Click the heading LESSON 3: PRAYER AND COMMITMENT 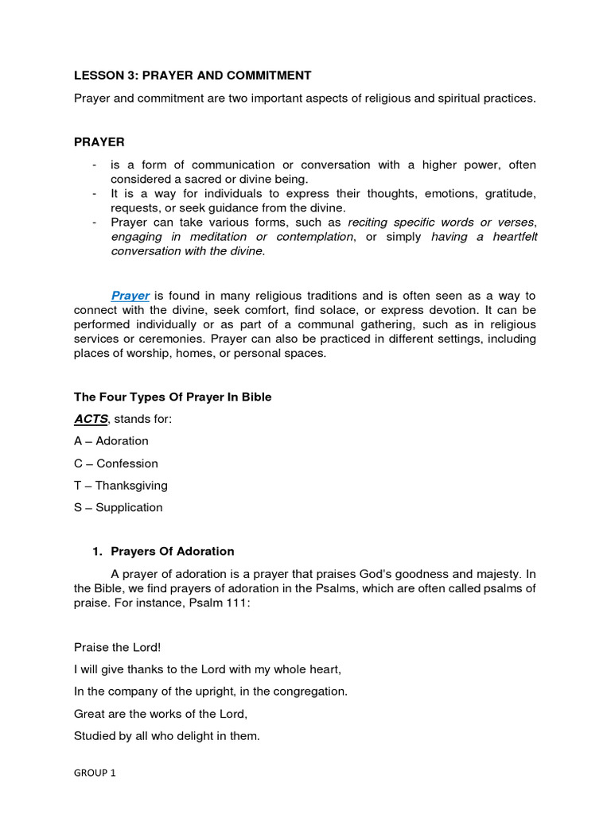[193, 76]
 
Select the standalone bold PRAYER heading [99, 142]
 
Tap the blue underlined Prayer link [130, 296]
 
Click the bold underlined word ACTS [91, 419]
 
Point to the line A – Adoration [111, 440]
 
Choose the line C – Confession [116, 463]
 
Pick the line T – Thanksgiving [121, 485]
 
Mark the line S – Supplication [119, 507]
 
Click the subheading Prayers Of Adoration [173, 551]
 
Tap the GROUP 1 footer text [95, 772]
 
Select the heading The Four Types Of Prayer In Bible [173, 397]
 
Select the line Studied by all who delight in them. [167, 736]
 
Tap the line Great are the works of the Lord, [161, 714]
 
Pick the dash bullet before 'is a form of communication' [95, 165]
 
